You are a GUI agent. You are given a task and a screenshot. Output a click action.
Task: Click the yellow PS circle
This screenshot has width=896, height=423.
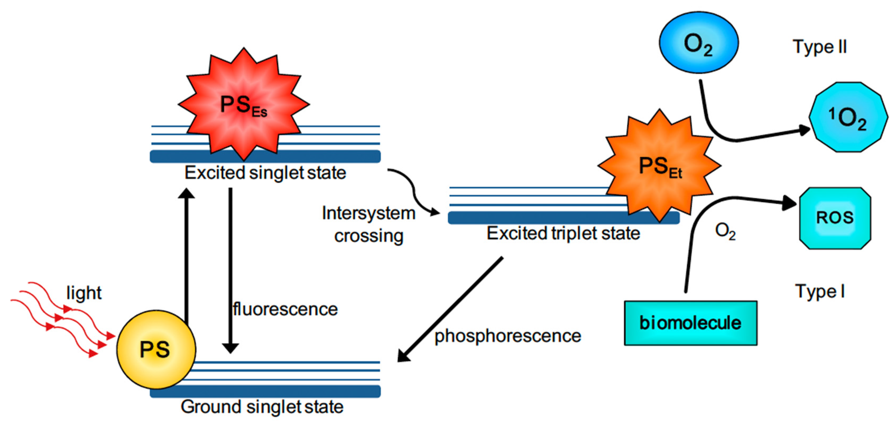(x=156, y=349)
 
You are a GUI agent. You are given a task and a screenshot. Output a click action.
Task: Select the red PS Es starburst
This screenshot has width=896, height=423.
(x=243, y=104)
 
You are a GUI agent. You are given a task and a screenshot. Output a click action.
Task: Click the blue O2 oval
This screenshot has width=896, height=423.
(x=699, y=43)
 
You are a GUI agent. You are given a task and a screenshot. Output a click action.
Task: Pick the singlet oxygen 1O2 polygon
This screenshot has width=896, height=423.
(x=848, y=117)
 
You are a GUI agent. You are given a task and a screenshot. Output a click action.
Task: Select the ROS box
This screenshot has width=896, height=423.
(x=835, y=218)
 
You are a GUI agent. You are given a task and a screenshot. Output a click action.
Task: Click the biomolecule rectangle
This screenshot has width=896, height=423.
(x=690, y=323)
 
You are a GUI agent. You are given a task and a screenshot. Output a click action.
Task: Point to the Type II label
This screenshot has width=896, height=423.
(x=819, y=47)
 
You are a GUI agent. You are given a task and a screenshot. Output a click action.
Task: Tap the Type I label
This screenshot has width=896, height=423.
(x=819, y=291)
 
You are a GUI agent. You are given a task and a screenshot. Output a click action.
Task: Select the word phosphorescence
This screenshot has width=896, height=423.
(x=508, y=336)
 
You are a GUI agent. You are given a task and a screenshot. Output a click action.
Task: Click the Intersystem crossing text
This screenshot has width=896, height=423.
(x=369, y=224)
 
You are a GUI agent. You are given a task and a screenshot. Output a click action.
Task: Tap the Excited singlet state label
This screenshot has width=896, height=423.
(x=265, y=173)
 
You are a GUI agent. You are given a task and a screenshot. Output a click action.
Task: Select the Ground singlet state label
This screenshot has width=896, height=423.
(x=262, y=407)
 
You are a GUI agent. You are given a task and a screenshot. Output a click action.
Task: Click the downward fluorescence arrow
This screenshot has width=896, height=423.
(x=230, y=271)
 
